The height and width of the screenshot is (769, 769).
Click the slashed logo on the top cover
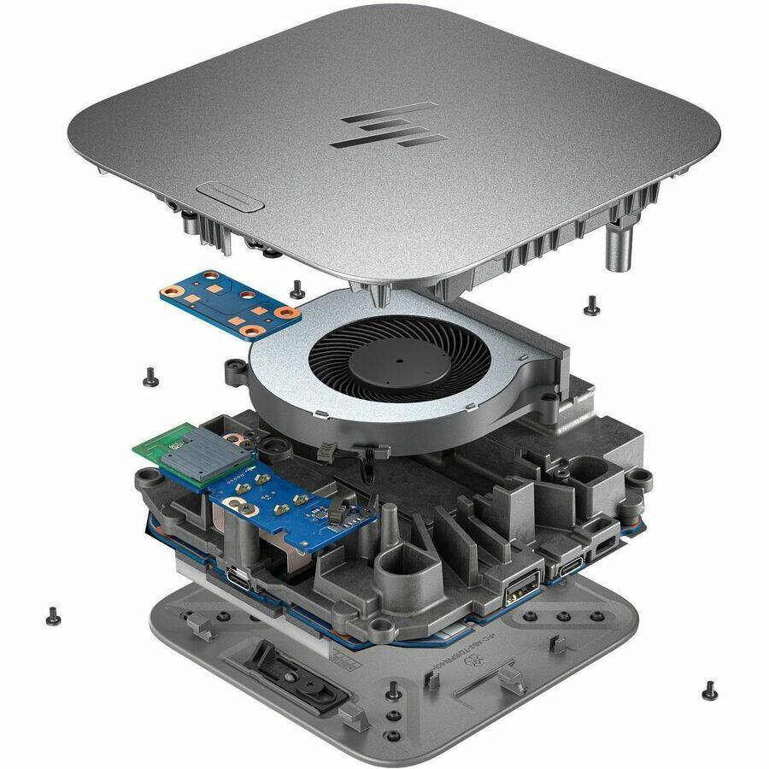[383, 125]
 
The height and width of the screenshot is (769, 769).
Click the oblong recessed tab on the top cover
[228, 194]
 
